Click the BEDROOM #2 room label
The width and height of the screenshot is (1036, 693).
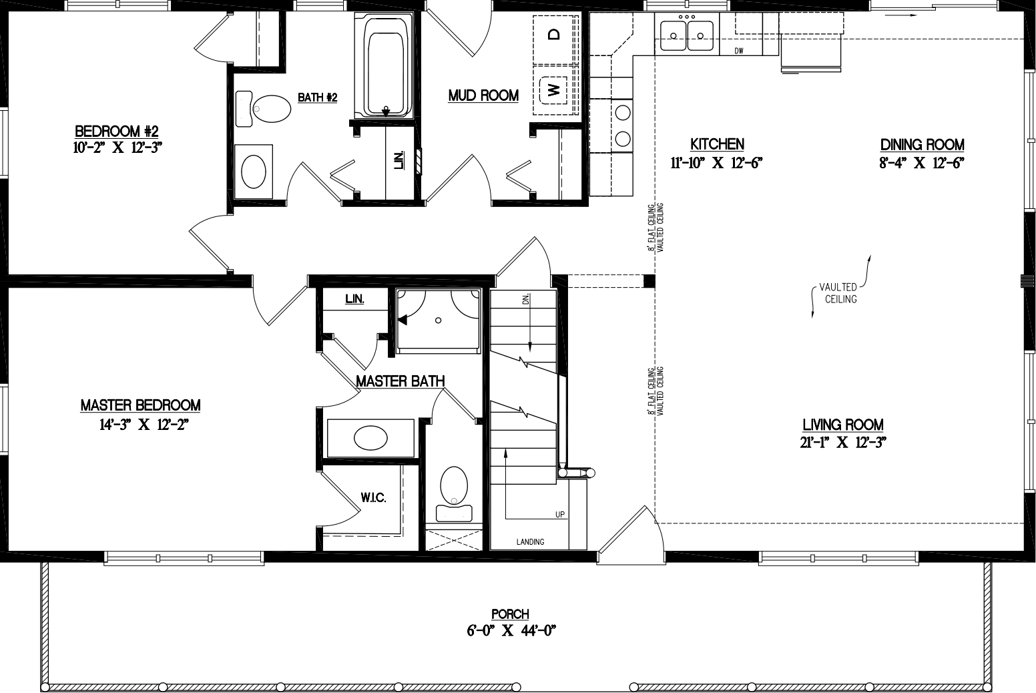(116, 130)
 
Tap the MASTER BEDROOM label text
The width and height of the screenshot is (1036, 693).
(140, 405)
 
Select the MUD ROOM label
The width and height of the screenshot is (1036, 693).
(483, 95)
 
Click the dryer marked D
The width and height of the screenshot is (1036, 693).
(553, 35)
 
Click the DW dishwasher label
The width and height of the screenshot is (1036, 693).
(739, 51)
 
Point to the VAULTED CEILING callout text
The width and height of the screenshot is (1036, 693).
(840, 293)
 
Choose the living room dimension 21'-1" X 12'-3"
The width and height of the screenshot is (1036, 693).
(842, 441)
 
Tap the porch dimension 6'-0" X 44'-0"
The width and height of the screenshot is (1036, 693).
(511, 630)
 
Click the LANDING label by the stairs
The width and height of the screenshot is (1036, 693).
(530, 541)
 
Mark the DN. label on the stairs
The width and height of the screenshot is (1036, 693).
(525, 301)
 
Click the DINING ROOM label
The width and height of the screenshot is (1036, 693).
(922, 144)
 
